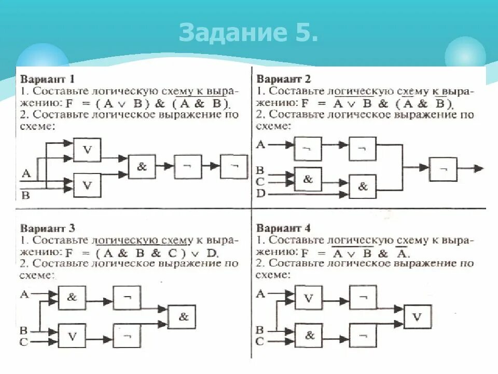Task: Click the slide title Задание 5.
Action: pyautogui.click(x=248, y=32)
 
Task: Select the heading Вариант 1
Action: pyautogui.click(x=48, y=79)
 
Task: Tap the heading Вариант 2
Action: pyautogui.click(x=283, y=79)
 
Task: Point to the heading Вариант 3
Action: pyautogui.click(x=48, y=228)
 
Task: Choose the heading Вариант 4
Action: pyautogui.click(x=283, y=228)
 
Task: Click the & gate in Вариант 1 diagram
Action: pyautogui.click(x=142, y=167)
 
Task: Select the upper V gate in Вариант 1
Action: pyautogui.click(x=87, y=150)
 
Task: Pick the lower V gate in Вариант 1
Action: pyautogui.click(x=87, y=184)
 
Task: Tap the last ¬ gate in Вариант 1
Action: pyautogui.click(x=234, y=167)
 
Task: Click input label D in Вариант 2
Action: pyautogui.click(x=261, y=193)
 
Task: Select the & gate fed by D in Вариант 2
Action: pyautogui.click(x=363, y=186)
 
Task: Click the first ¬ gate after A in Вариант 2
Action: pyautogui.click(x=308, y=149)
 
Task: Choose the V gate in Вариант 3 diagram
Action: pyautogui.click(x=72, y=336)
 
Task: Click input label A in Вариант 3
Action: pyautogui.click(x=24, y=295)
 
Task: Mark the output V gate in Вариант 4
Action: pyautogui.click(x=417, y=316)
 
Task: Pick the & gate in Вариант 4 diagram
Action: pyautogui.click(x=309, y=336)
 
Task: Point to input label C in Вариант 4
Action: pyautogui.click(x=260, y=342)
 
